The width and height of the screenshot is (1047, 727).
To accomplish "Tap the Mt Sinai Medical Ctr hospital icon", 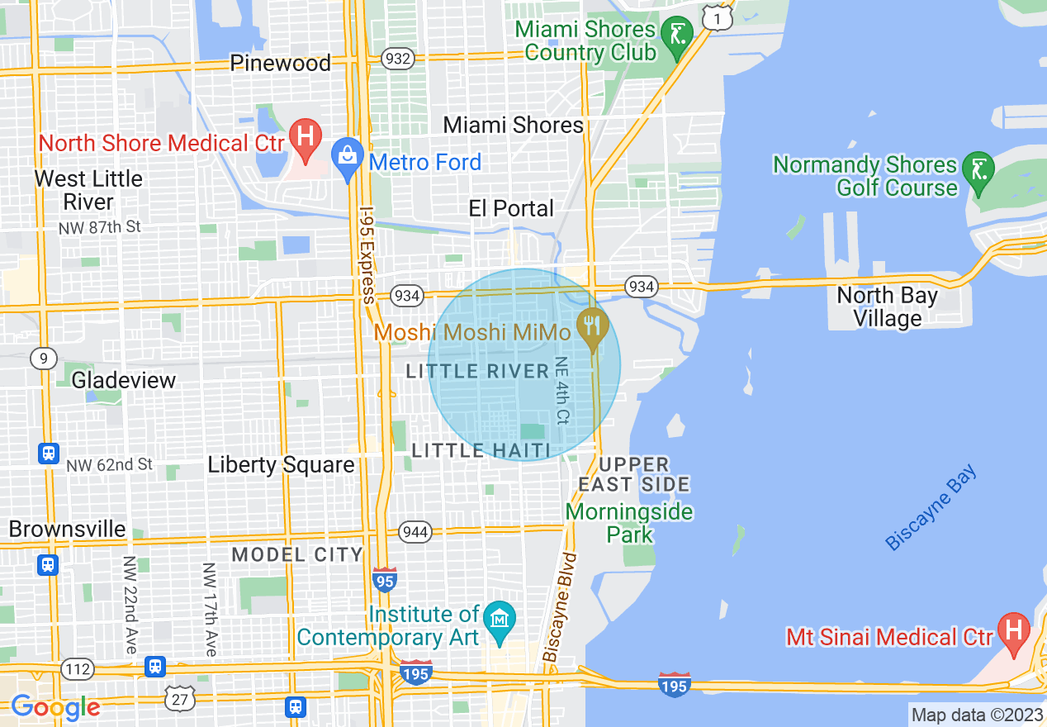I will tap(1013, 630).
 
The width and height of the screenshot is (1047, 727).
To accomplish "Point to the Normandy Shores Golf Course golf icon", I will tap(978, 170).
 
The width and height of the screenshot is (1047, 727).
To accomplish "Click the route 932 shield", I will tap(398, 58).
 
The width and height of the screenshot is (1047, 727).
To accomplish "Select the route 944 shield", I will tap(415, 531).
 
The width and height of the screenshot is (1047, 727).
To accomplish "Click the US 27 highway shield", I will tap(180, 699).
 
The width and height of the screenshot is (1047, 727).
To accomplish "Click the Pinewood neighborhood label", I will tap(280, 63).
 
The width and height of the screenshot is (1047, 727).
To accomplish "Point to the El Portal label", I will tap(511, 208).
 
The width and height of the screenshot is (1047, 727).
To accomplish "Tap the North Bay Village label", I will tap(887, 306).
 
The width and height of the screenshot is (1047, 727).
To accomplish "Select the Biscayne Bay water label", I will tap(931, 508).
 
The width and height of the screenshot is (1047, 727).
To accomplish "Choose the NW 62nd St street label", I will tap(110, 465).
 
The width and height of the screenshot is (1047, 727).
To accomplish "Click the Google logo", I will tap(55, 707).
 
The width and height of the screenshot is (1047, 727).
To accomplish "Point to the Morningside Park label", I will tap(629, 523).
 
